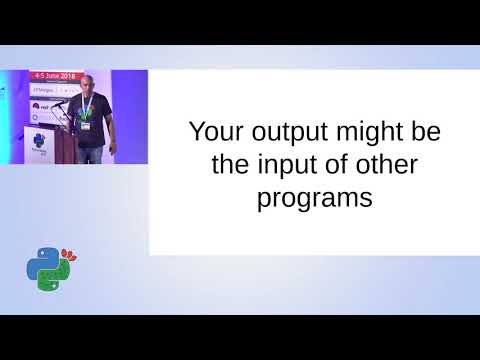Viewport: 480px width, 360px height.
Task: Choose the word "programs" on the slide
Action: [x=315, y=198]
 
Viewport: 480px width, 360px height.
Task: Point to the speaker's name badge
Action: [x=89, y=126]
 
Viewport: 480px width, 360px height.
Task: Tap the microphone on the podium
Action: [x=59, y=102]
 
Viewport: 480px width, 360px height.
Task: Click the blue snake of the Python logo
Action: [x=41, y=262]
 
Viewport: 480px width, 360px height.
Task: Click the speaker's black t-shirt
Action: [x=92, y=118]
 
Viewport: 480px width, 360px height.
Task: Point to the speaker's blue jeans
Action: [x=91, y=154]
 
